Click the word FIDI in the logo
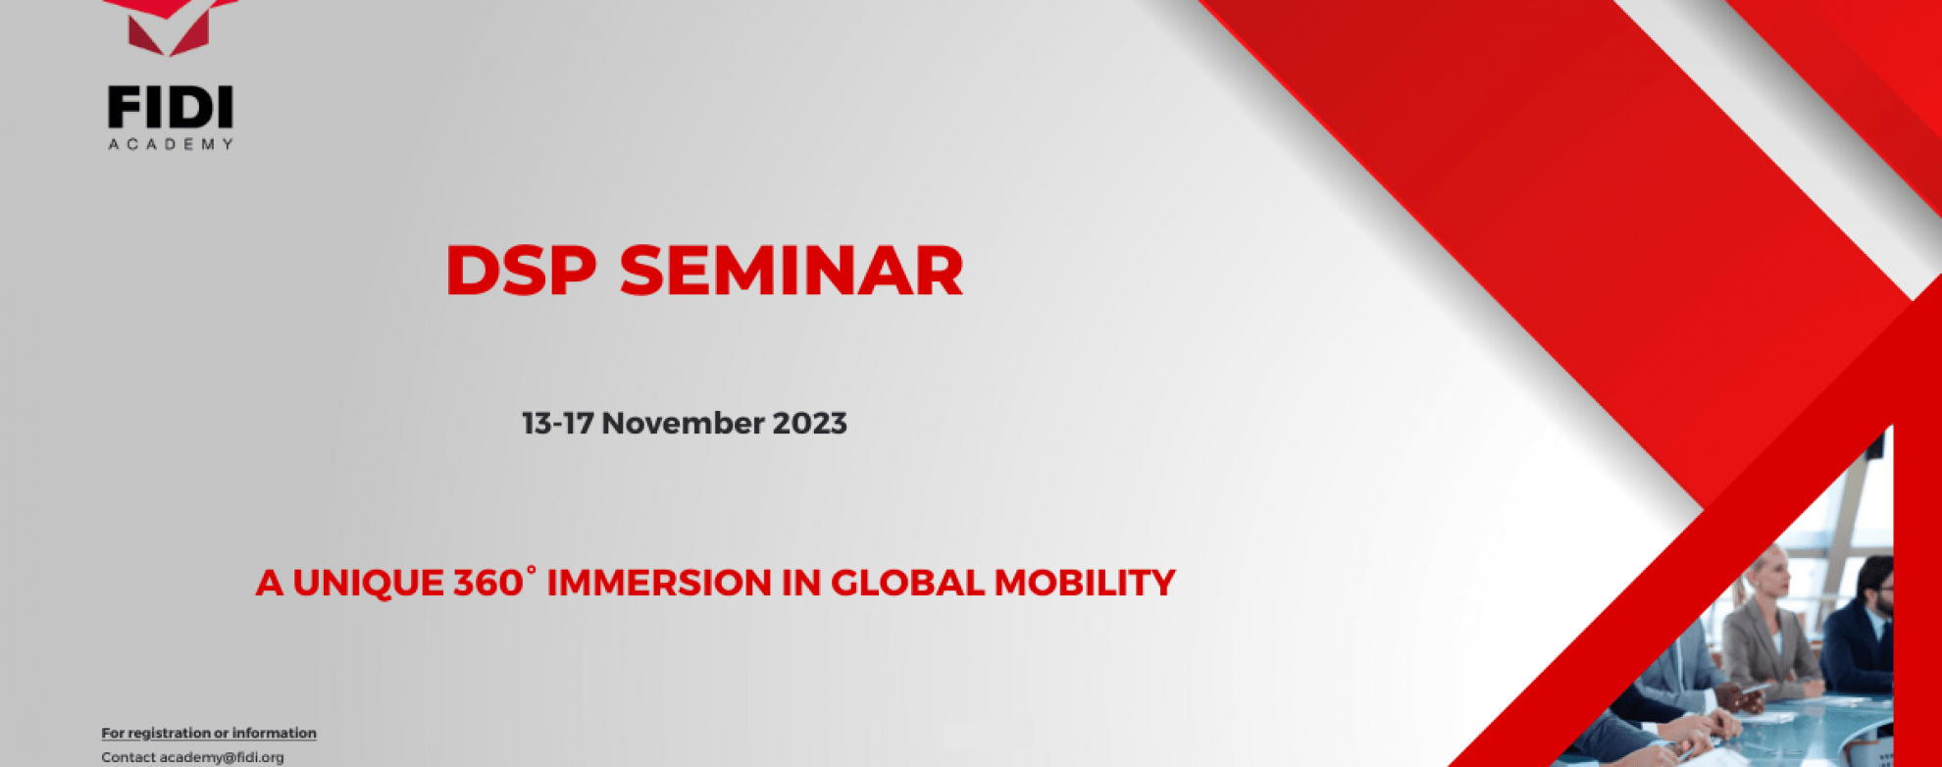click(171, 108)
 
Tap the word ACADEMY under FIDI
click(171, 144)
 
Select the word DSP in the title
click(521, 271)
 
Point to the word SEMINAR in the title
click(792, 271)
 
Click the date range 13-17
click(557, 424)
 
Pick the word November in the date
click(683, 424)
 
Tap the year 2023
click(810, 424)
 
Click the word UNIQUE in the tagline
click(369, 584)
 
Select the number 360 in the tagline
click(487, 584)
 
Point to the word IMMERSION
click(659, 584)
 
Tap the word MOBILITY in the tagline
click(1085, 584)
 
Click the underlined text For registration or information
click(209, 733)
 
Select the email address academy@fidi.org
click(222, 757)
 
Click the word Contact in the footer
click(128, 757)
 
